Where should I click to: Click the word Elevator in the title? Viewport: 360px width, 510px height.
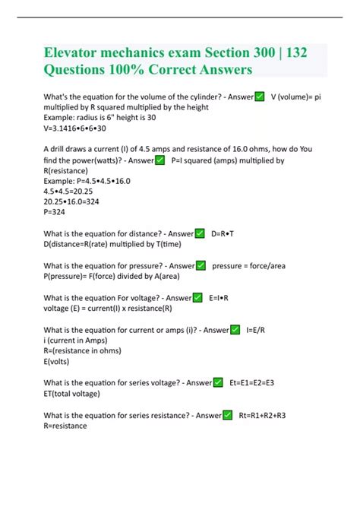pyautogui.click(x=79, y=55)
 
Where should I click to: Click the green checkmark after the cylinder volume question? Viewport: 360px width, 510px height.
pyautogui.click(x=259, y=97)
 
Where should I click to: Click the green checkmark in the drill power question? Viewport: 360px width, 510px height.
pyautogui.click(x=159, y=160)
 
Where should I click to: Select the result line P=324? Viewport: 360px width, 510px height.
pyautogui.click(x=58, y=214)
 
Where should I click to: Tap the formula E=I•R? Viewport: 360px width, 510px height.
pyautogui.click(x=219, y=298)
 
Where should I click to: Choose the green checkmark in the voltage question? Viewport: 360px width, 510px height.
pyautogui.click(x=197, y=298)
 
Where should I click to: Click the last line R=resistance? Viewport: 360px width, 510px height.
pyautogui.click(x=65, y=426)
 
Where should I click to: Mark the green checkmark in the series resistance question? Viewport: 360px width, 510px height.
pyautogui.click(x=227, y=415)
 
